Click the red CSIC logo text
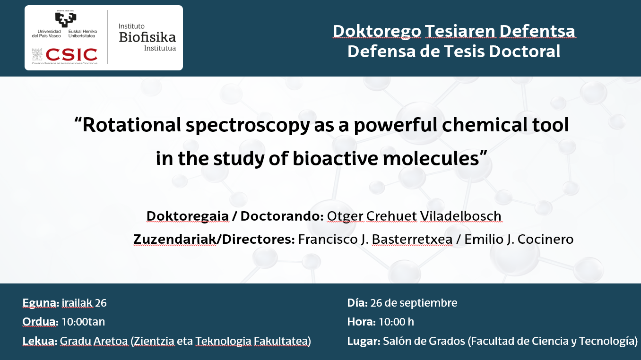[71, 55]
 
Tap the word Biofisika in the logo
[147, 37]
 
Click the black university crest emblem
[66, 19]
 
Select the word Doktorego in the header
[377, 32]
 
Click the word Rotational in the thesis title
[132, 125]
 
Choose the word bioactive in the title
[335, 159]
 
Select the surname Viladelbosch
[461, 216]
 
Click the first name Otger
[345, 217]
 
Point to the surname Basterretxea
[412, 240]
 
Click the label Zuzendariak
[175, 240]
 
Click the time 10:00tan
[83, 322]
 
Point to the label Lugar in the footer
[364, 342]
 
